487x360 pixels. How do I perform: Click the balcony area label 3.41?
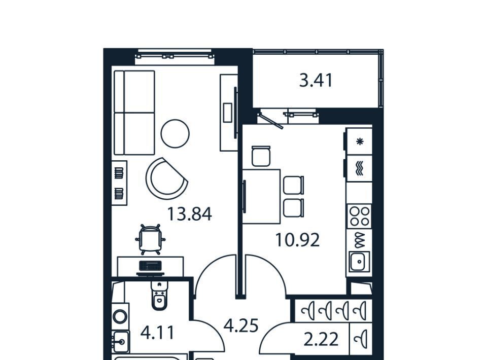[316, 80]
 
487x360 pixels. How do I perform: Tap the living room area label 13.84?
[189, 214]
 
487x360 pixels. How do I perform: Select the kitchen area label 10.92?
[297, 240]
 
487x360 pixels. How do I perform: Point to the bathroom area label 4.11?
[157, 333]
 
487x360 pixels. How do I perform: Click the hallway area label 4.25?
[241, 326]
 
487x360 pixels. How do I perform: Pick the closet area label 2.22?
[321, 339]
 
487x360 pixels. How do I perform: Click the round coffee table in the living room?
[175, 133]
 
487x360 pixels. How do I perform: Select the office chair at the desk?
[150, 239]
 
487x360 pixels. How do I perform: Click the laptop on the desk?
[150, 267]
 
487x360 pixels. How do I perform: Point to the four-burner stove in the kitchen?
[359, 217]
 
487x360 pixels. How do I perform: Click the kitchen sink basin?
[359, 261]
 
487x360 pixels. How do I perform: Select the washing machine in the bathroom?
[120, 316]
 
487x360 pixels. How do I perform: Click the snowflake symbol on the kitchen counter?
[360, 142]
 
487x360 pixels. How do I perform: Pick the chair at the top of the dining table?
[261, 156]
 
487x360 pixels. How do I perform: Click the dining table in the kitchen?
[261, 196]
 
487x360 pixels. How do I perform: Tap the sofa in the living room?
[134, 113]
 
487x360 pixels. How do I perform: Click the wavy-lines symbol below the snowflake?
[360, 168]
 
